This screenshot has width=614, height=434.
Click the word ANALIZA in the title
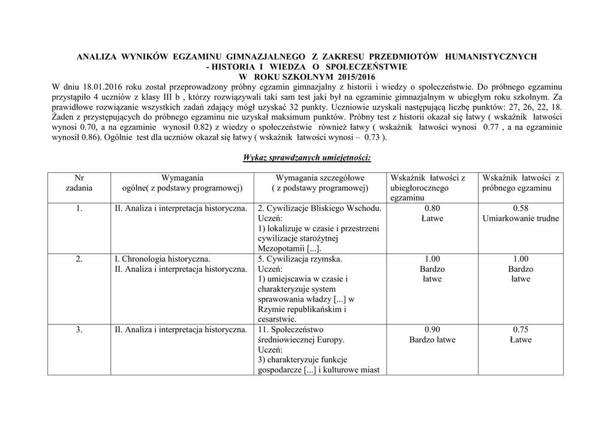(98, 56)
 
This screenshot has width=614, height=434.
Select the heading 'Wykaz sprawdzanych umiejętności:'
(306, 157)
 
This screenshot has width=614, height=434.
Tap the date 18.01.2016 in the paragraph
(99, 87)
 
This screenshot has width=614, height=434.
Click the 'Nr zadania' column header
(79, 183)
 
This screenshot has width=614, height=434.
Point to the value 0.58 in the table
(520, 208)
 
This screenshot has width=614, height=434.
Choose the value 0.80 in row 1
(432, 208)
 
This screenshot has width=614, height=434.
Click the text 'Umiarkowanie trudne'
(520, 218)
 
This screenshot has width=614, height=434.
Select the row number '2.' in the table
(79, 259)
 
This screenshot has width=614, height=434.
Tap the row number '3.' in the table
(79, 329)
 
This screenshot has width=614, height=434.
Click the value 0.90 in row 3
(432, 329)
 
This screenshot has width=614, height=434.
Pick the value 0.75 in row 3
(520, 329)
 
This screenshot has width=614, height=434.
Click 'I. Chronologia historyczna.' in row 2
(162, 259)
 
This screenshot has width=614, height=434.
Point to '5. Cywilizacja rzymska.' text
(300, 259)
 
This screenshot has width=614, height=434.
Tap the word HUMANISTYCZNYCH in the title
(490, 56)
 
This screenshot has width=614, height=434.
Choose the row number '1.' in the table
(79, 208)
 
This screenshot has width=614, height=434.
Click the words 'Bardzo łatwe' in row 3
(432, 339)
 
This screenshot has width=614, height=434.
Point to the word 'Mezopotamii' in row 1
(281, 248)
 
